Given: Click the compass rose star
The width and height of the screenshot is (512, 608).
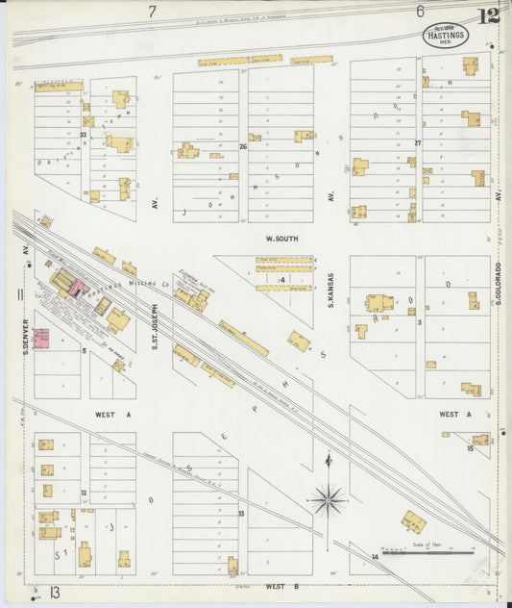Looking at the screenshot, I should click(x=329, y=498).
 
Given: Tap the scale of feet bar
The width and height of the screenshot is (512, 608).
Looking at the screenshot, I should click(x=427, y=553).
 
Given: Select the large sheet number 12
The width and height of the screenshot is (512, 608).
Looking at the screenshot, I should click(x=487, y=14).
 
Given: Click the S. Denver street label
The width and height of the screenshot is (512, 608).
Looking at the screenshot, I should click(x=28, y=328).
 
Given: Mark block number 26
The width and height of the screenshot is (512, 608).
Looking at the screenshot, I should click(x=243, y=147).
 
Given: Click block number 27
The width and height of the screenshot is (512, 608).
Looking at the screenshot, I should click(x=418, y=143).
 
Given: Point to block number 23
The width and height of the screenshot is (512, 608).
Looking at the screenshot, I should click(x=84, y=135).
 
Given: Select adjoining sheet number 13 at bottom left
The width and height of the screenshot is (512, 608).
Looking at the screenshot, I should click(x=55, y=593).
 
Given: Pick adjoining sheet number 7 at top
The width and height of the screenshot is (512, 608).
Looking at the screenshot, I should click(x=152, y=12).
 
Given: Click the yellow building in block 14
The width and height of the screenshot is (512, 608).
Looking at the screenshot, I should click(x=413, y=521).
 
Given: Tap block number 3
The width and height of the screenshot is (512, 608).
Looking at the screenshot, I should click(x=420, y=322).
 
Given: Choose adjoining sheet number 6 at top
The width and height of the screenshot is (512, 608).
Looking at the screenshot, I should click(x=420, y=12).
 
